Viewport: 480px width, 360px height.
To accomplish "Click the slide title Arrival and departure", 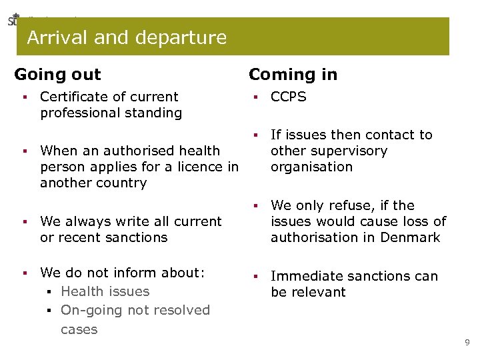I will (127, 37).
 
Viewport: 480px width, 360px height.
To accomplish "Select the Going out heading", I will (57, 74).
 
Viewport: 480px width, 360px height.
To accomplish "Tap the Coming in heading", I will (293, 74).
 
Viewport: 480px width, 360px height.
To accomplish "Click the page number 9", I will (467, 343).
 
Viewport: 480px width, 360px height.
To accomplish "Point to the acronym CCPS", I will (288, 97).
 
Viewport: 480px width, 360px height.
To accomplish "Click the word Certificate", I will (73, 97).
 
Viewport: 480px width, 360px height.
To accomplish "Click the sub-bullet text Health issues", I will (105, 291).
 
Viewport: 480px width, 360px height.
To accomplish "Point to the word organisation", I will (311, 167).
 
